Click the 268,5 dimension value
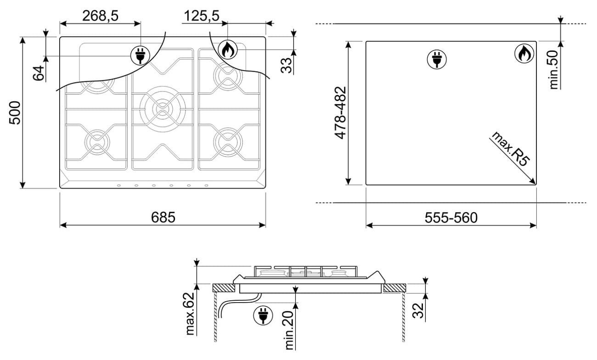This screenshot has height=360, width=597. click(100, 16)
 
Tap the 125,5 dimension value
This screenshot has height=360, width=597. click(202, 16)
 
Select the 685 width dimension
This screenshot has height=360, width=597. click(163, 218)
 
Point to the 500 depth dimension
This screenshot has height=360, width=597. click(15, 112)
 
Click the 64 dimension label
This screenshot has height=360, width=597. click(39, 73)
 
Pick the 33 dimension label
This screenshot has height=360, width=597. click(287, 66)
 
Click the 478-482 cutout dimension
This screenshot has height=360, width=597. click(340, 112)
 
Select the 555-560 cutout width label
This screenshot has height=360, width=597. click(451, 218)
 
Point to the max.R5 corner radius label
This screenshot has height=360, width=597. click(510, 149)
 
